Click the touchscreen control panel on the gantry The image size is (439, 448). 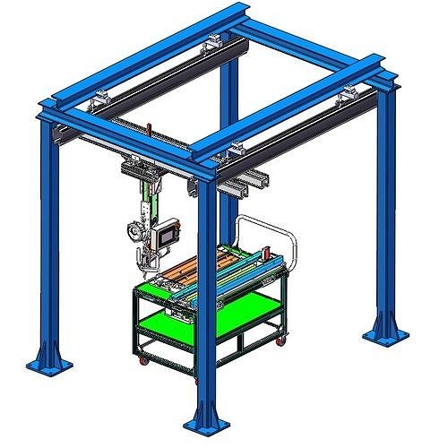coord(165,236)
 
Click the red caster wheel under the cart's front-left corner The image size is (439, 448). coord(142,361)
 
